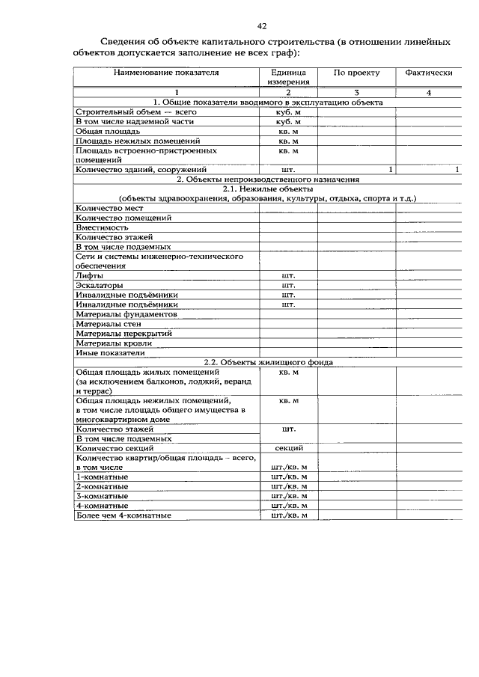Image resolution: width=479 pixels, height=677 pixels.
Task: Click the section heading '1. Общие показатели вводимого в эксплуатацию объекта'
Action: [x=268, y=102]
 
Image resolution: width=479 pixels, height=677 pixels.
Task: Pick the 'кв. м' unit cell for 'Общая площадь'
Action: [x=288, y=131]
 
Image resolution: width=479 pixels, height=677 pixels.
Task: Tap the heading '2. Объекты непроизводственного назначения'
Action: [x=268, y=180]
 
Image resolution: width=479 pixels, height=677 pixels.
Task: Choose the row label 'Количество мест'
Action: [x=109, y=208]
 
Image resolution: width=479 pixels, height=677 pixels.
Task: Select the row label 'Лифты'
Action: [x=90, y=275]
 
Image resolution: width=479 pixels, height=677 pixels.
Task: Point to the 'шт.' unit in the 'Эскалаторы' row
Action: [x=288, y=285]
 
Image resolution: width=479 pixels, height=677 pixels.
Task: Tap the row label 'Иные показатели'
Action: [x=110, y=352]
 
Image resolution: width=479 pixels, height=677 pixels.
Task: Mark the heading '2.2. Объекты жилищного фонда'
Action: [x=268, y=362]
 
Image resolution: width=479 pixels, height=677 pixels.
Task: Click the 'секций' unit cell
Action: [x=288, y=448]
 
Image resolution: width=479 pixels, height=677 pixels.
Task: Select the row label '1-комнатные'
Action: [x=102, y=477]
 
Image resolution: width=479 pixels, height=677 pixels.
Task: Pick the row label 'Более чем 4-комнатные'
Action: [x=123, y=515]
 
